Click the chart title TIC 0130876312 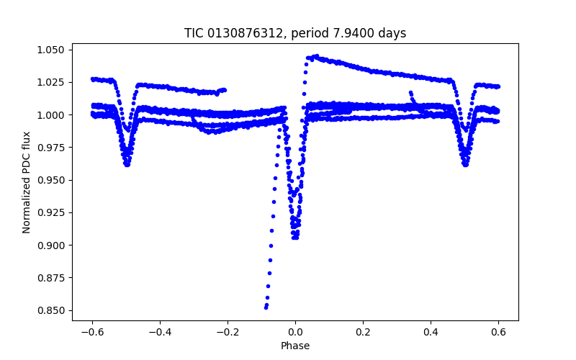[x=294, y=33]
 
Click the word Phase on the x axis [x=295, y=346]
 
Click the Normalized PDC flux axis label [x=27, y=182]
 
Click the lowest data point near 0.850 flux [x=266, y=307]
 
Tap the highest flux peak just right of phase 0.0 [x=315, y=55]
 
